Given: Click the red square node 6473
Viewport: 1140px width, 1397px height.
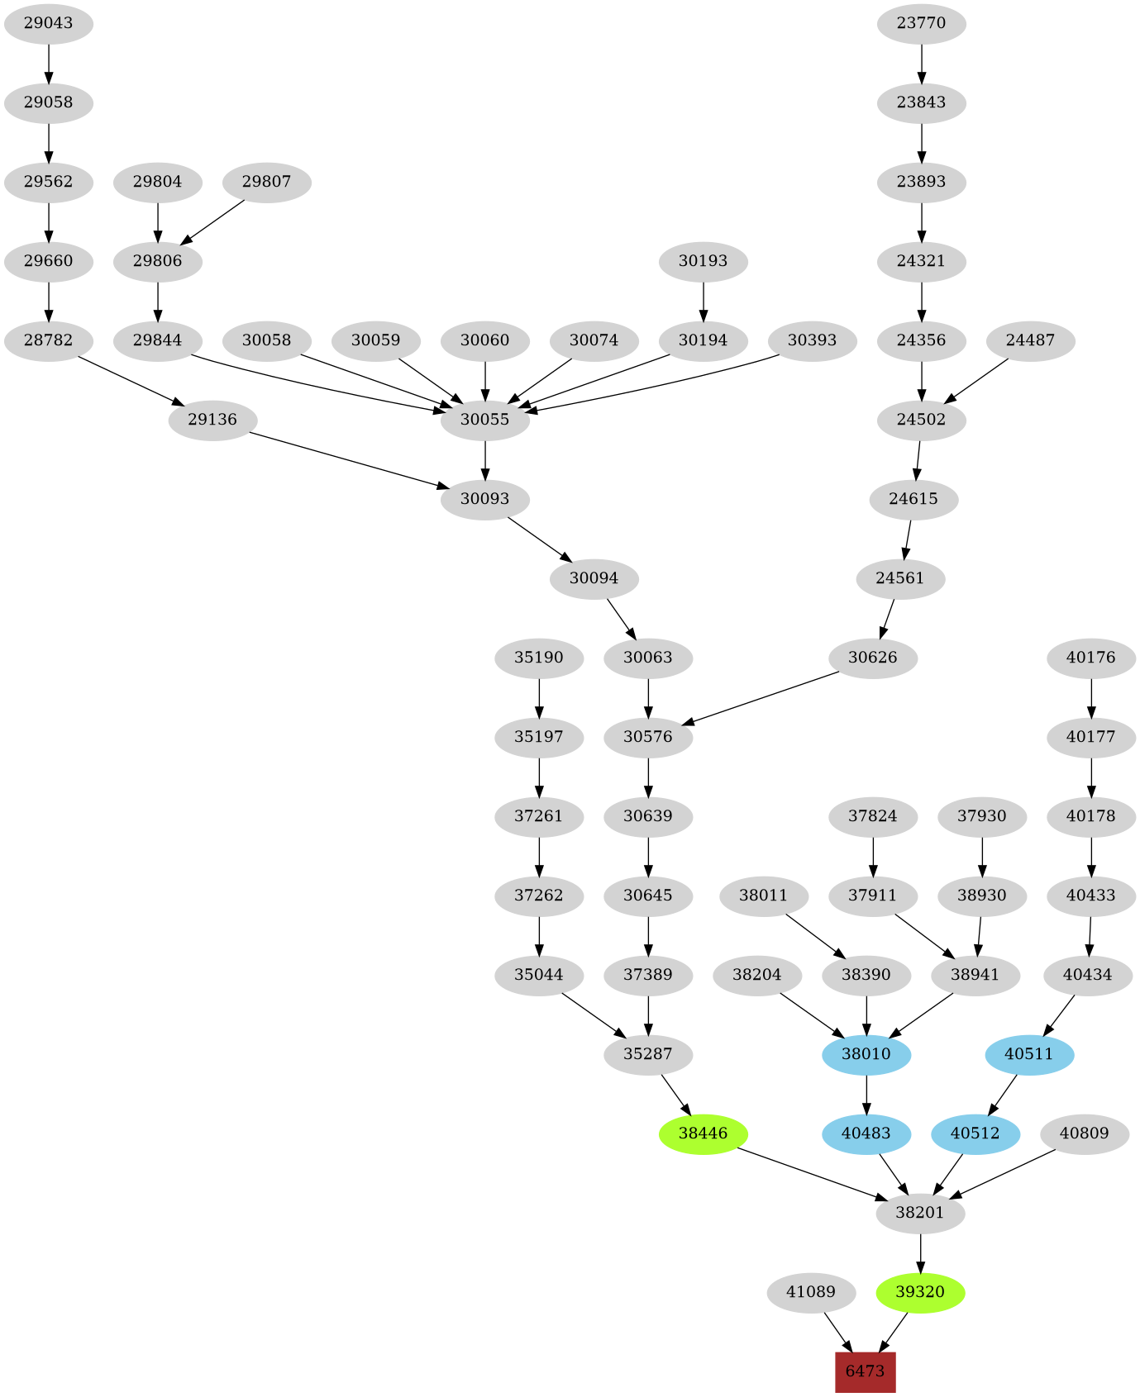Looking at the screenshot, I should coord(865,1371).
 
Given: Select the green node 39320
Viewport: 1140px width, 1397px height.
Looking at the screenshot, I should coord(920,1292).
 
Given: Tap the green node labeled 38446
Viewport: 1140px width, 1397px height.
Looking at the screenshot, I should coord(703,1133).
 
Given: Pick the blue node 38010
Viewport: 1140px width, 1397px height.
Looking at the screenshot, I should coord(866,1054).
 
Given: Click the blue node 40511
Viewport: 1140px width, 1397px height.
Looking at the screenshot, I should coord(1029,1054).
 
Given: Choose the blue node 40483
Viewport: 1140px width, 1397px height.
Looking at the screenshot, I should coord(866,1133).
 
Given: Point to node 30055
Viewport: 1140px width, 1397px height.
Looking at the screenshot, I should coord(484,420).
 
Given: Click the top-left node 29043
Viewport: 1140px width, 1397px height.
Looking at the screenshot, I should coord(48,23).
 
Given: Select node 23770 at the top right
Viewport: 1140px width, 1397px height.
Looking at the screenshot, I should coord(921,23).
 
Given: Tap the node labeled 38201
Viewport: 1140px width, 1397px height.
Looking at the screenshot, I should coord(920,1213).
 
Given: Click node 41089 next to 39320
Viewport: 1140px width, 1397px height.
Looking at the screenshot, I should coord(811,1292).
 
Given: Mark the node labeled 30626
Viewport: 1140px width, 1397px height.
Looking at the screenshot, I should coord(873,658).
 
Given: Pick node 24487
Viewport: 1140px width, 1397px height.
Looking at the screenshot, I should coord(1030,340).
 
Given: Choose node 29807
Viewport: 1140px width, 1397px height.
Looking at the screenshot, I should coord(266,182).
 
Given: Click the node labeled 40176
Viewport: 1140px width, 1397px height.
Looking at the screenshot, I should coord(1091,658).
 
